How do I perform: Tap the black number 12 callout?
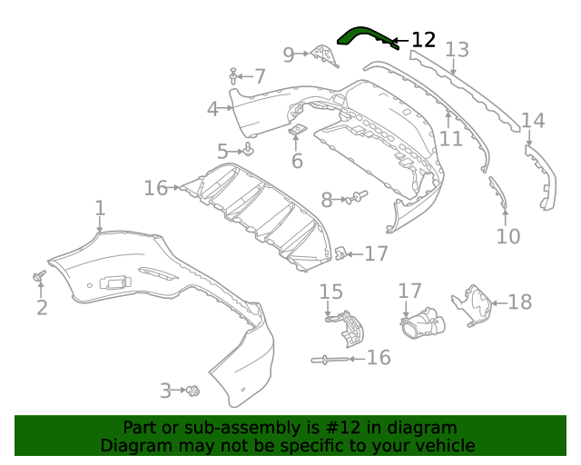point(423,40)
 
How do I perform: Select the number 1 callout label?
point(100,209)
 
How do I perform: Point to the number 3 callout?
point(165,391)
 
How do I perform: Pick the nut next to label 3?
point(193,391)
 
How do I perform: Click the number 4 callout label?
point(212,109)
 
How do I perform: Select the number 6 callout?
point(297,162)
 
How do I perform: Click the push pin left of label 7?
point(234,75)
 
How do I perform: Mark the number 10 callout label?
point(508,237)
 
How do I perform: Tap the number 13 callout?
point(457,50)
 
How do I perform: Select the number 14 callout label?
point(533,121)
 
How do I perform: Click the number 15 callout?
point(331,292)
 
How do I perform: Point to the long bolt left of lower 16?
point(330,361)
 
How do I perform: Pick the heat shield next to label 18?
point(473,304)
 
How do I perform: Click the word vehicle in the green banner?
point(443,446)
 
